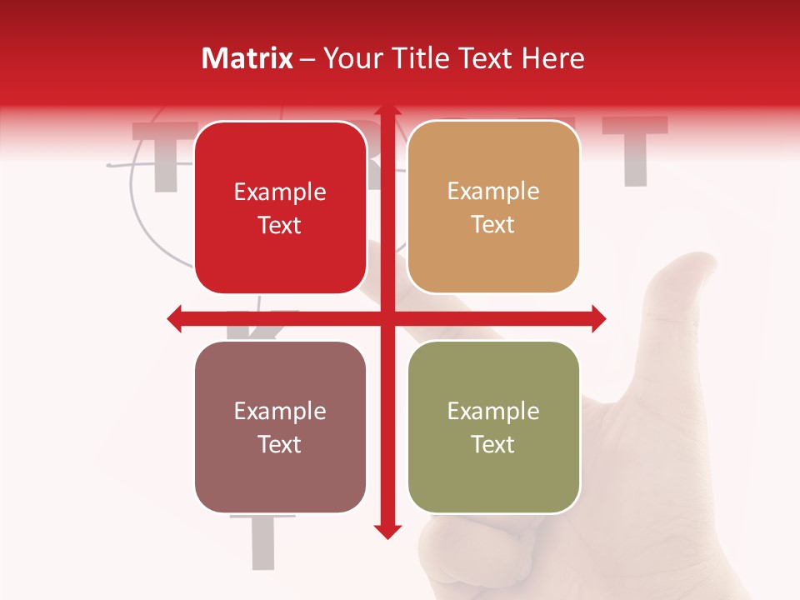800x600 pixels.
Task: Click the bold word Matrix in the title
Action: click(x=247, y=58)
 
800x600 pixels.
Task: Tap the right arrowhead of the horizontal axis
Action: click(x=597, y=318)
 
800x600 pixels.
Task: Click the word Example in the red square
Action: click(x=280, y=192)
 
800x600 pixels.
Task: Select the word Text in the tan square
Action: click(x=493, y=225)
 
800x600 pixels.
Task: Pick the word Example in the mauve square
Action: click(x=280, y=412)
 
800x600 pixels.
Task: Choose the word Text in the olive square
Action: click(x=493, y=445)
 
